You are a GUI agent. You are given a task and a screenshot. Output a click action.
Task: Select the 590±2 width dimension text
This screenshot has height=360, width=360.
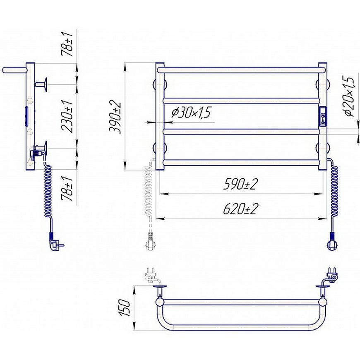click(240, 184)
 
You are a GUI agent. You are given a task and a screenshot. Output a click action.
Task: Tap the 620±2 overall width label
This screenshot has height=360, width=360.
click(240, 209)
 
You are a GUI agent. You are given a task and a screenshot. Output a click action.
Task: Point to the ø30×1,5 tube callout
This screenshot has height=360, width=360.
click(191, 113)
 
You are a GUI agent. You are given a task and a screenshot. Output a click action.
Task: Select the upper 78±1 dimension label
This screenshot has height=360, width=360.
click(67, 44)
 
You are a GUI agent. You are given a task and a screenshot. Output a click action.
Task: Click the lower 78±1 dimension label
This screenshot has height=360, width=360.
click(67, 188)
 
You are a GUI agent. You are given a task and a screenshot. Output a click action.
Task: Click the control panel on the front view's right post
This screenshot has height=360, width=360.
click(323, 116)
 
